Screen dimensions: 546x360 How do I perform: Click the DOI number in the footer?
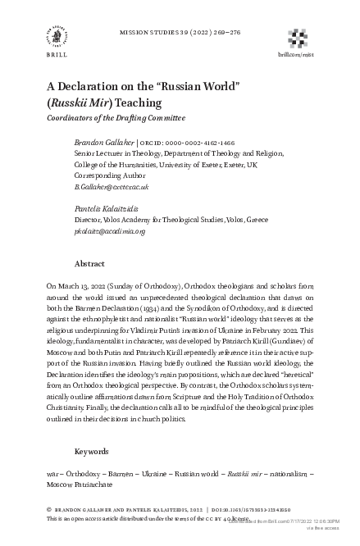[280, 508]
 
